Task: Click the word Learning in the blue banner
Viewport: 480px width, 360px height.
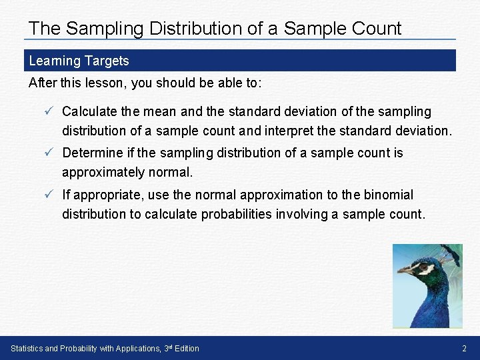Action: click(55, 61)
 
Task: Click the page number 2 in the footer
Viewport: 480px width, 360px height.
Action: click(464, 348)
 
